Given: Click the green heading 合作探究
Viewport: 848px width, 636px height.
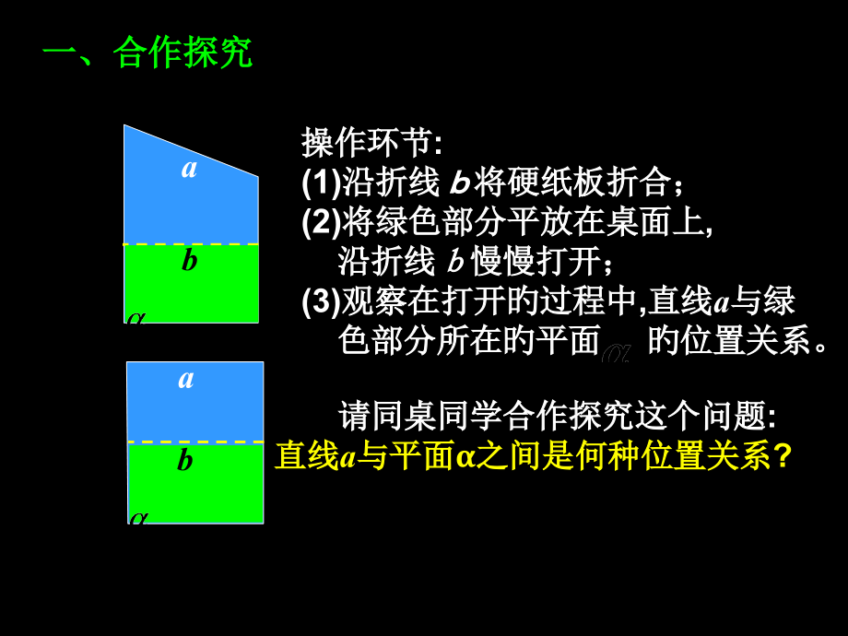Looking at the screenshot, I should tap(183, 54).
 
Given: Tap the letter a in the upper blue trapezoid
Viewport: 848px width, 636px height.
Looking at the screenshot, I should tap(190, 168).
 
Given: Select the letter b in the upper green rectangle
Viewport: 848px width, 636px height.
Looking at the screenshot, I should tap(189, 261).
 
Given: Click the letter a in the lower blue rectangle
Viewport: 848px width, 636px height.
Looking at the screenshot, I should tap(186, 378).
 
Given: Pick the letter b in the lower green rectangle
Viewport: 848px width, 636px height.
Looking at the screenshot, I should tap(185, 459).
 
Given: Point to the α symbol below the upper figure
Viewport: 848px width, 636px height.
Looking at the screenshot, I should tap(136, 317).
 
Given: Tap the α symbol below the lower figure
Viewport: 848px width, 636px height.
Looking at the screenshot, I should tap(138, 517).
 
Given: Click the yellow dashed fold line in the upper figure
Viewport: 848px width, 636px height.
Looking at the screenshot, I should tap(191, 244).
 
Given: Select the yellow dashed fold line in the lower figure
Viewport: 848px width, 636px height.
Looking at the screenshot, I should tap(195, 443).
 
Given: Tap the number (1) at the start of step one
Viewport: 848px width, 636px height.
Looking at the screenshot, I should tap(321, 183).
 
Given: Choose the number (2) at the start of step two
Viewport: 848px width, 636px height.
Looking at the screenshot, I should tap(321, 222).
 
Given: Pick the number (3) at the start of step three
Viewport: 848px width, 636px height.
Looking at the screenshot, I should tap(321, 301).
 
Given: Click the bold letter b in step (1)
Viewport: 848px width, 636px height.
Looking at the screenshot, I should tap(459, 183).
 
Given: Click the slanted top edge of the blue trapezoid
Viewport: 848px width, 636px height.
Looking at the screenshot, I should tap(191, 149).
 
